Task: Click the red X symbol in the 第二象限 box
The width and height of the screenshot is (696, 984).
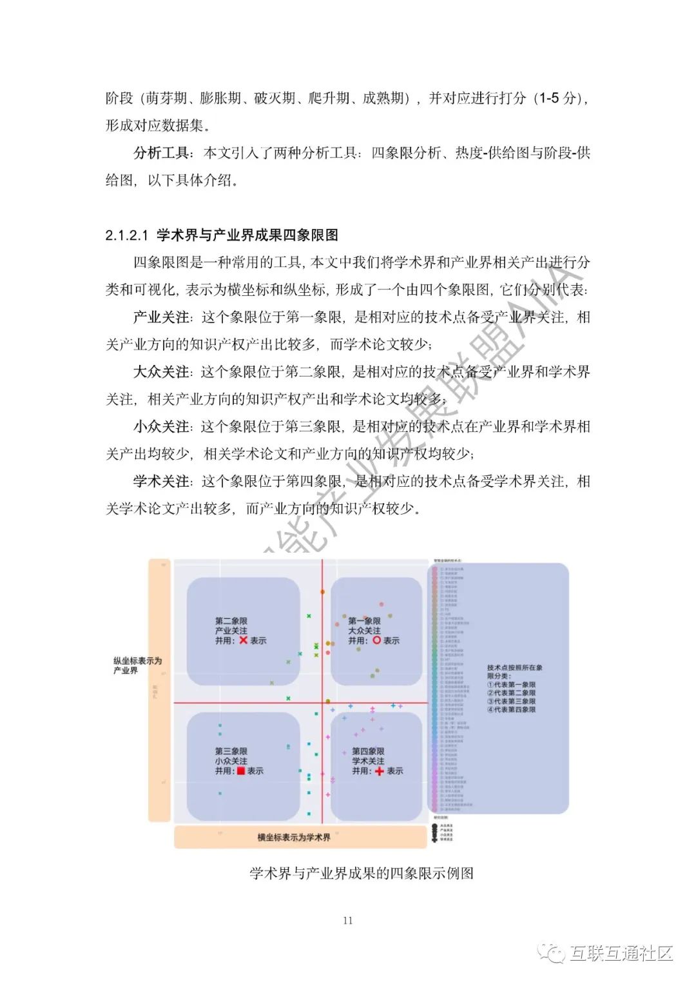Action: tap(243, 640)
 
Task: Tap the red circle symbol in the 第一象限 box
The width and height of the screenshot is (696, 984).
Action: tap(377, 640)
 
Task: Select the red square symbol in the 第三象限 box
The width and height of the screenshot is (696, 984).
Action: tap(240, 771)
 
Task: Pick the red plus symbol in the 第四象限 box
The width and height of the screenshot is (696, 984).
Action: tap(380, 771)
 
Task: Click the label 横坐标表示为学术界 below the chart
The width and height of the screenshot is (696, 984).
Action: tap(294, 837)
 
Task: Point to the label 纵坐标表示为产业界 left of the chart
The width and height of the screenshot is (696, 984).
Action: tap(137, 665)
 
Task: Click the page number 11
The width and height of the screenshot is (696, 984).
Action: tap(347, 920)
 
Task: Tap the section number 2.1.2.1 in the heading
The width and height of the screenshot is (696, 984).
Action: tap(127, 235)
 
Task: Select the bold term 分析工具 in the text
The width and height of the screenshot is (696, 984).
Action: tap(161, 153)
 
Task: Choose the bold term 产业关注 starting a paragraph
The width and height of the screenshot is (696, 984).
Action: tap(161, 317)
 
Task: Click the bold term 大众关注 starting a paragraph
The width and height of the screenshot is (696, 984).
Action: tap(161, 372)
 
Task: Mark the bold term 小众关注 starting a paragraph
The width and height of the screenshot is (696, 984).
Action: tap(161, 427)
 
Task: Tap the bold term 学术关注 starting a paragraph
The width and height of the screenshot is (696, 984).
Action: tap(161, 482)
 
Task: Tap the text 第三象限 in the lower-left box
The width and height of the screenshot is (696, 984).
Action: tap(231, 751)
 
